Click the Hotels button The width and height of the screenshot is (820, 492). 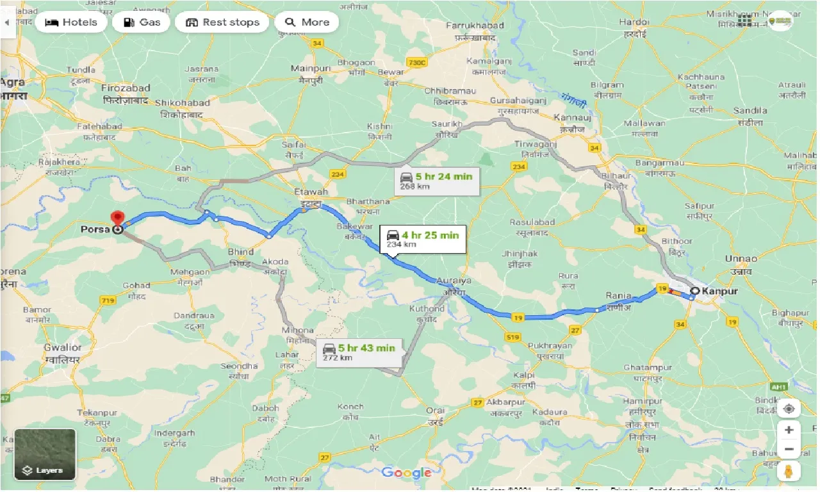tap(71, 22)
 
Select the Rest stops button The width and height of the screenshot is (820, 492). tap(223, 22)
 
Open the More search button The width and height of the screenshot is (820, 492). tap(307, 22)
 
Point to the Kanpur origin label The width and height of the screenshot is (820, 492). tap(719, 291)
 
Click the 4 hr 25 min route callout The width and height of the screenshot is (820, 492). tap(422, 239)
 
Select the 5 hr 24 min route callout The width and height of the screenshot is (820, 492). tap(436, 181)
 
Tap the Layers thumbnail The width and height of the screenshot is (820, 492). tap(45, 454)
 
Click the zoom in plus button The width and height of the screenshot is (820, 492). tap(789, 430)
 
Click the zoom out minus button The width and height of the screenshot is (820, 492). tap(789, 449)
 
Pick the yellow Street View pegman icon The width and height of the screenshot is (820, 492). tap(789, 471)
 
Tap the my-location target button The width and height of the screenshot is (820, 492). tap(789, 408)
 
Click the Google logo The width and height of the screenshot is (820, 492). tap(406, 473)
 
